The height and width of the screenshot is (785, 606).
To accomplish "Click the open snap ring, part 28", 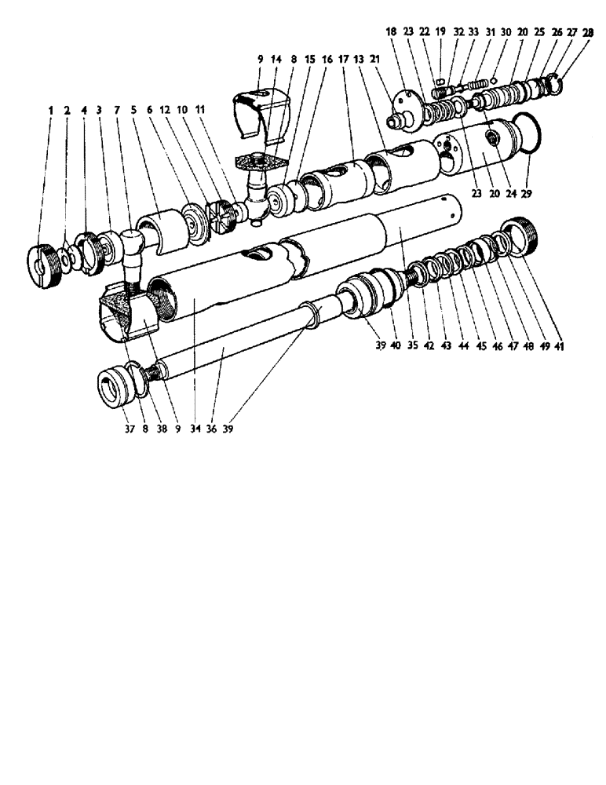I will tap(553, 82).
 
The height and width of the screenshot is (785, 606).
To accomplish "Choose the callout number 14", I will tap(276, 58).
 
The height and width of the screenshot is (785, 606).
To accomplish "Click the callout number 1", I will tap(50, 111).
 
